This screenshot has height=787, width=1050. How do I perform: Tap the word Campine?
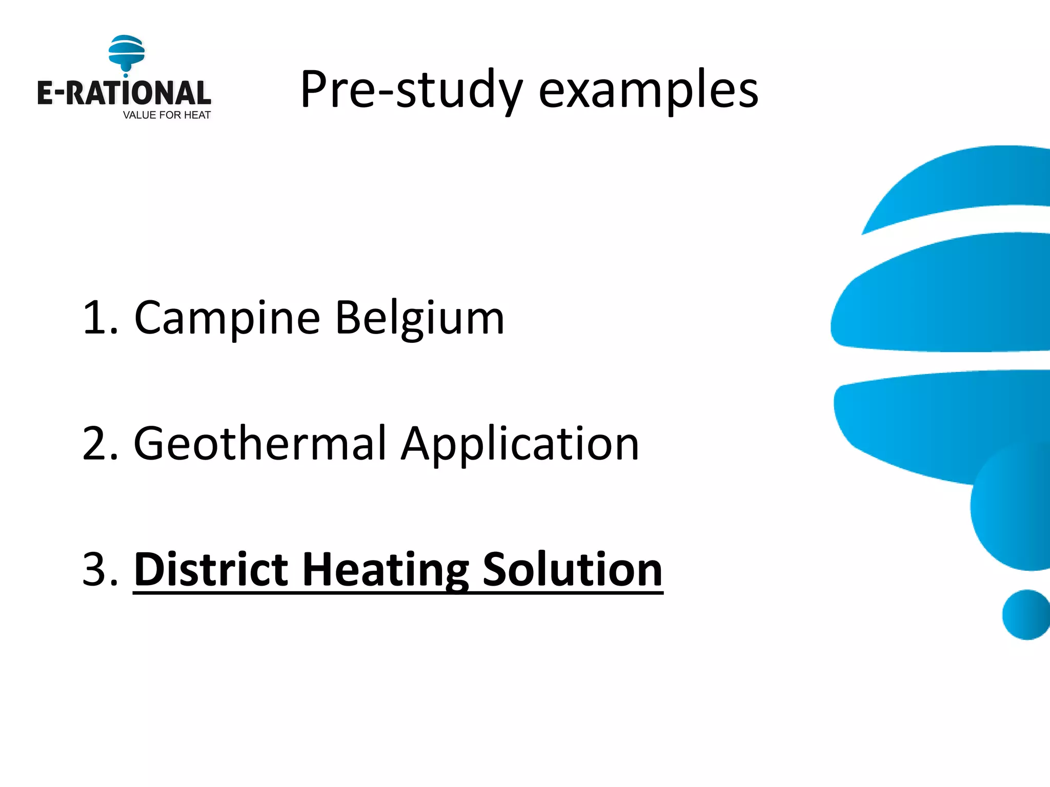point(227,319)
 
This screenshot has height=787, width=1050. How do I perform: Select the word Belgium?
point(420,319)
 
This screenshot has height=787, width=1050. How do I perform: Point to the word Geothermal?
point(259,444)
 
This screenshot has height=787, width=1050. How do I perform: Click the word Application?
point(520,444)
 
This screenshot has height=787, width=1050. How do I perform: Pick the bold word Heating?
point(386,570)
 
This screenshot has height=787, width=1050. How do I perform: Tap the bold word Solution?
point(572,570)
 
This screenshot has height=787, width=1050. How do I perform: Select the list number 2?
point(97,444)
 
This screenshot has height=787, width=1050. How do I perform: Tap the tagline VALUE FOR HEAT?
point(167,115)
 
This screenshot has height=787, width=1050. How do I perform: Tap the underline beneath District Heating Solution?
point(398,593)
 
